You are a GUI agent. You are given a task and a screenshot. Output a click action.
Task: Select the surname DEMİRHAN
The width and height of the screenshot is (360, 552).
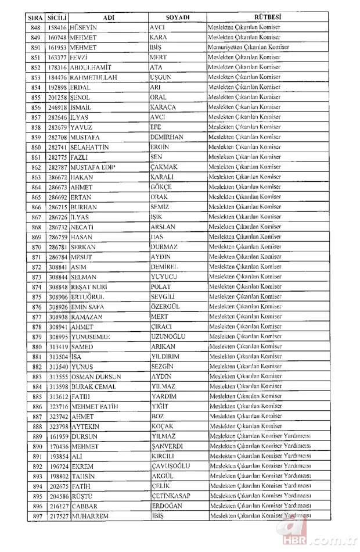pyautogui.click(x=168, y=137)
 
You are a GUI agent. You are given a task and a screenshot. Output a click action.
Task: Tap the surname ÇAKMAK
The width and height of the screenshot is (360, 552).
pyautogui.click(x=163, y=167)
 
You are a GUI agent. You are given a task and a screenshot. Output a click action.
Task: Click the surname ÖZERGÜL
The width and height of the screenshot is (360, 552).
pyautogui.click(x=166, y=306)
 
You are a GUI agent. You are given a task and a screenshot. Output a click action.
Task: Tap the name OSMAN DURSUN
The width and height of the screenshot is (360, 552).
pyautogui.click(x=96, y=376)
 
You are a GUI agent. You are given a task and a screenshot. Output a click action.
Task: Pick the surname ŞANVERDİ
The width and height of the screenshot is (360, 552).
pyautogui.click(x=168, y=446)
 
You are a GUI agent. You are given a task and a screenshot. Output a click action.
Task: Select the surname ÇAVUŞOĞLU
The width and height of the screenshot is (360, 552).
pyautogui.click(x=172, y=465)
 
